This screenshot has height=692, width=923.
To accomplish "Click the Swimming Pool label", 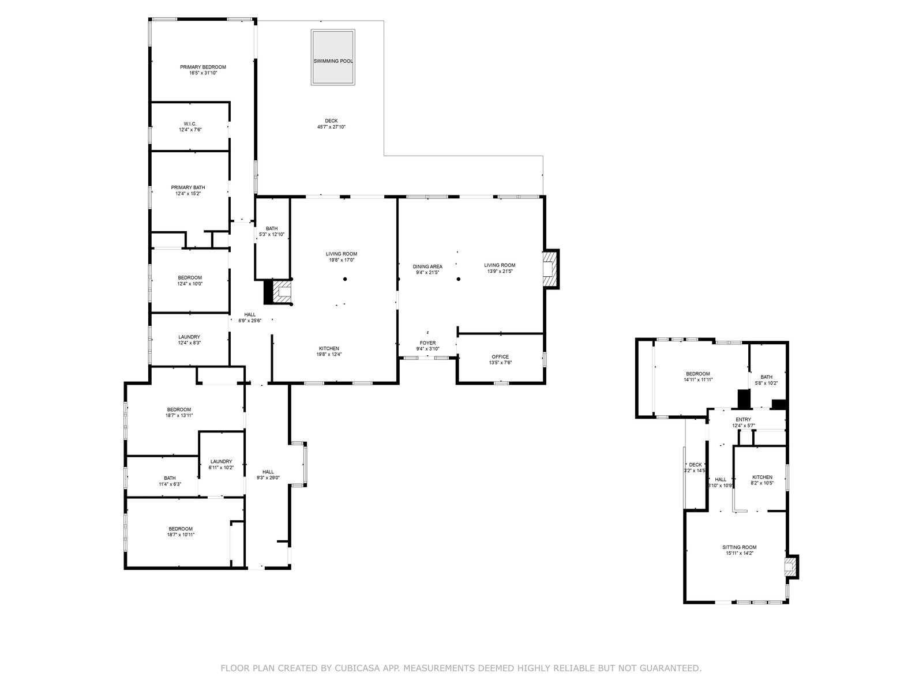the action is point(333,61).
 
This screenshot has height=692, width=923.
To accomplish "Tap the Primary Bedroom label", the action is point(203,67).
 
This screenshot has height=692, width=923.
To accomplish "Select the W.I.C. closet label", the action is point(190,124).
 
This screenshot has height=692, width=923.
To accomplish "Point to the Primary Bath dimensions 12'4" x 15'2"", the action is point(188,194).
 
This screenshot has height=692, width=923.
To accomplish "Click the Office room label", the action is point(500,357).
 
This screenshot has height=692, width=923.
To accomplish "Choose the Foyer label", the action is point(427,343).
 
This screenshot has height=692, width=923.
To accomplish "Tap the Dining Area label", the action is point(427,266).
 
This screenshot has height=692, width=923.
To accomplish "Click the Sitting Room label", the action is point(740,547).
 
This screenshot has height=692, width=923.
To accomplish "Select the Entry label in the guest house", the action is point(744,419).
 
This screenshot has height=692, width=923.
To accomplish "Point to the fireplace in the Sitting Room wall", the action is point(790,566).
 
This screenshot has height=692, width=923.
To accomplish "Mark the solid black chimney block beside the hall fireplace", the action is point(268,292).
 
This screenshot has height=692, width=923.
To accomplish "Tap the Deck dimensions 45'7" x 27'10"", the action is point(331,127).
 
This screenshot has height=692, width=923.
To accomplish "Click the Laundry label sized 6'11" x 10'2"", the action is point(221,461).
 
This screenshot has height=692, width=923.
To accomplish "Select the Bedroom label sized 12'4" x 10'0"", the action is point(190,278).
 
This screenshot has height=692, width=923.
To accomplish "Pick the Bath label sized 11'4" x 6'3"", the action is point(170,478).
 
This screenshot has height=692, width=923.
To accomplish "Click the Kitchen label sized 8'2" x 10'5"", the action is point(763,477).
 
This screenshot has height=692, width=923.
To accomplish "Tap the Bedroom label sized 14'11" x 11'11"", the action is point(698,374).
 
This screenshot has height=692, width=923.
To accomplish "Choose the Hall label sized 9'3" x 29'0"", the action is point(268,471).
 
